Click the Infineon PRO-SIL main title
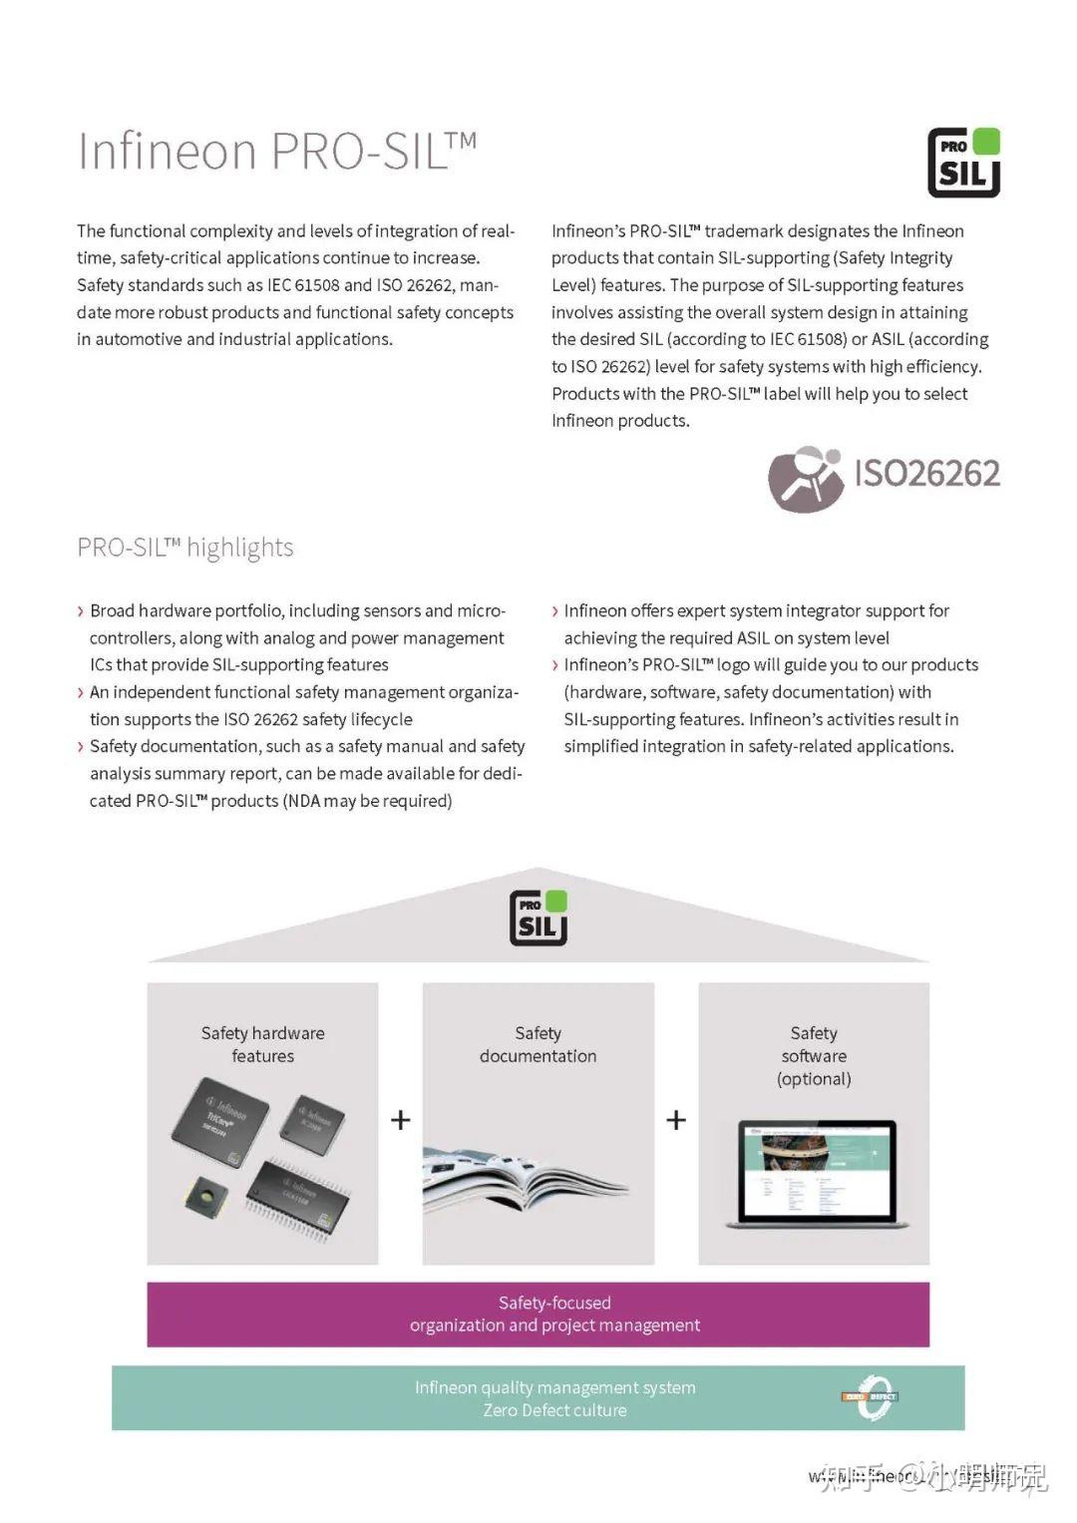click(x=276, y=152)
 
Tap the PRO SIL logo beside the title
click(x=963, y=163)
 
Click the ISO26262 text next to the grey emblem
click(x=926, y=473)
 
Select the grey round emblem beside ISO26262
click(x=805, y=479)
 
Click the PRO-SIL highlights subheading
click(x=185, y=548)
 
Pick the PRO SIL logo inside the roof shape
click(x=538, y=918)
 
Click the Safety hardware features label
click(x=262, y=1044)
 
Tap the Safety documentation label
click(x=538, y=1044)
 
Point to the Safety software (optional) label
click(x=814, y=1055)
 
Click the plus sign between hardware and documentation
click(x=401, y=1120)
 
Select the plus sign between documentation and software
click(x=676, y=1120)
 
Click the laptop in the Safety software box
click(x=816, y=1173)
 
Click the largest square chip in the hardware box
click(x=220, y=1123)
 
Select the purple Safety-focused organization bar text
click(x=554, y=1314)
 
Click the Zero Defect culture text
click(x=554, y=1410)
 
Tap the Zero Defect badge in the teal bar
click(x=872, y=1397)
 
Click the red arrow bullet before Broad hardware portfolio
click(x=81, y=611)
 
